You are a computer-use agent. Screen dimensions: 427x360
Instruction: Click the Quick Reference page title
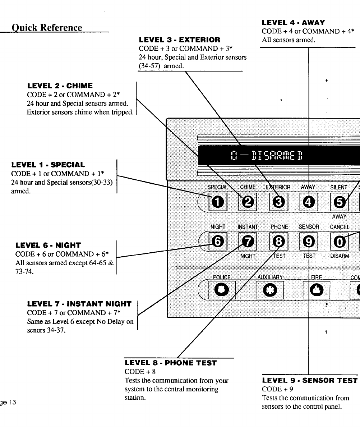point(47,27)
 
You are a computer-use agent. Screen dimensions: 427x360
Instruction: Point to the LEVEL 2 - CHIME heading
point(60,86)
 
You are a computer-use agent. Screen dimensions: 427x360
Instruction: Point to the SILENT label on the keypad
point(338,187)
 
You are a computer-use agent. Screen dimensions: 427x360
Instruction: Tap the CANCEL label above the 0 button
point(340,227)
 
